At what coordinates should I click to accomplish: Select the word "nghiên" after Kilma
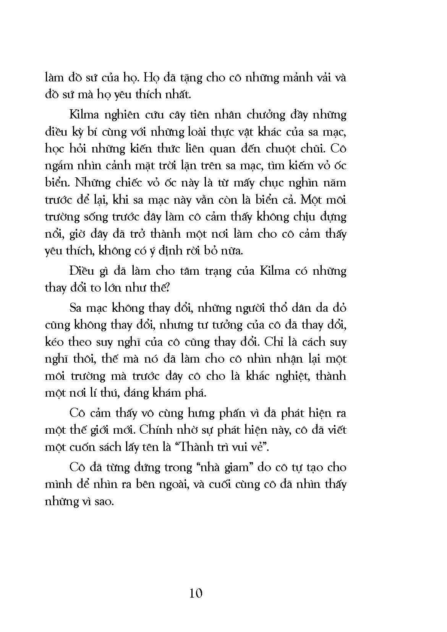point(123,115)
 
